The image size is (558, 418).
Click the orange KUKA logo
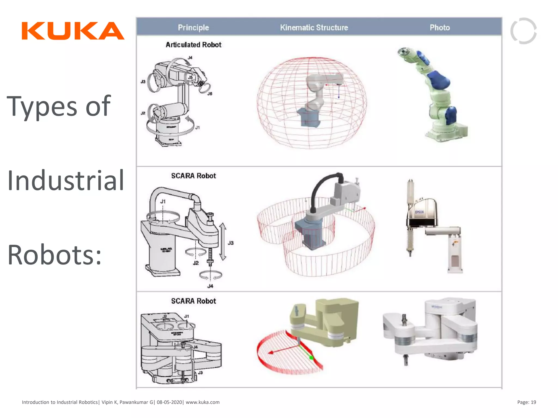coord(73,31)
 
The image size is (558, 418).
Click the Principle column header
coord(193,27)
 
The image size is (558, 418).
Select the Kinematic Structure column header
coord(314,27)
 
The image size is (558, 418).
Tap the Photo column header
coord(439,27)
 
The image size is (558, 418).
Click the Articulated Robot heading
coord(193,45)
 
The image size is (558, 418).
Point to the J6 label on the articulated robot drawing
coord(210,94)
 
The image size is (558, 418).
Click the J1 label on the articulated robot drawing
coord(198,127)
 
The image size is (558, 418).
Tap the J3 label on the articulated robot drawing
coord(143,82)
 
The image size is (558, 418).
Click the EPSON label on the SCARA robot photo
coord(419,212)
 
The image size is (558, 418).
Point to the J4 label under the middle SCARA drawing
coord(210,286)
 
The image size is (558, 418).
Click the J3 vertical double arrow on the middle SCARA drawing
coord(223,242)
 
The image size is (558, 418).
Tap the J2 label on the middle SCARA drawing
coord(196,263)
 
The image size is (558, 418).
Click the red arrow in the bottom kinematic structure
coord(283,349)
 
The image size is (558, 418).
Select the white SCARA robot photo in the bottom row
coord(430,331)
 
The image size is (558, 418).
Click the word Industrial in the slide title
coord(66,180)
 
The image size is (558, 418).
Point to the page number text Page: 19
coord(526,402)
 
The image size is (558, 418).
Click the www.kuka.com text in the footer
coord(202,402)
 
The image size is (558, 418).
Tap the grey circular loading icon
coord(523,31)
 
